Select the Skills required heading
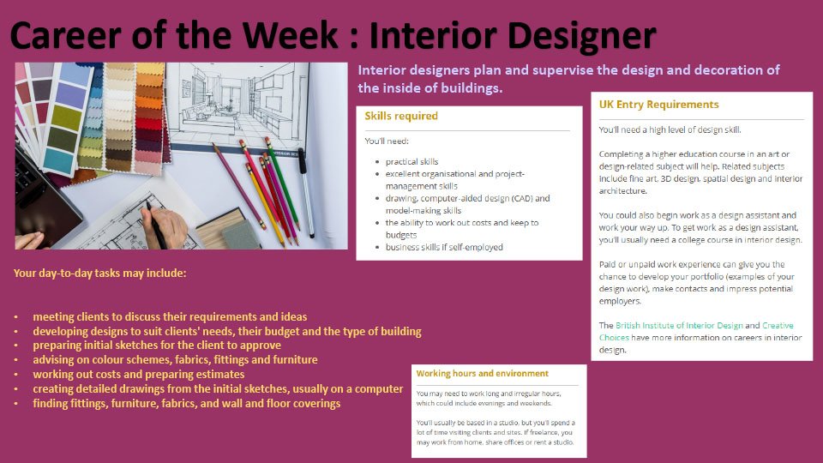(401, 116)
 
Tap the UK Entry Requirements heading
(658, 105)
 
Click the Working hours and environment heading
(483, 373)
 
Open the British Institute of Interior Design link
(679, 326)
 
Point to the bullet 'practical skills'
(412, 162)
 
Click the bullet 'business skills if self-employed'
(444, 247)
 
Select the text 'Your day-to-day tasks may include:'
(99, 273)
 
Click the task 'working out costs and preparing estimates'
(139, 375)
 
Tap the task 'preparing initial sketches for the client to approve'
(157, 346)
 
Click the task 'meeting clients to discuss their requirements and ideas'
(170, 316)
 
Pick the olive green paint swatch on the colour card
(67, 117)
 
